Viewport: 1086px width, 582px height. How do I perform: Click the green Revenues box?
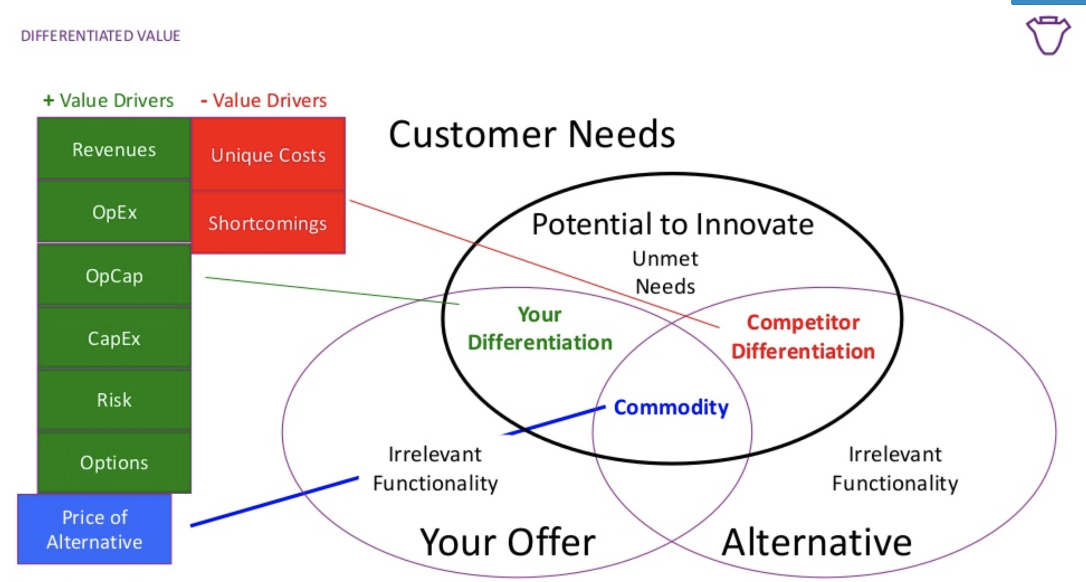[x=114, y=149]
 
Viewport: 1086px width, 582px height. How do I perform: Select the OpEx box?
[x=114, y=212]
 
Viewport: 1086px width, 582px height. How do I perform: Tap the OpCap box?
[x=114, y=276]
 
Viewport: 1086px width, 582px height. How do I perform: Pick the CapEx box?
[x=114, y=338]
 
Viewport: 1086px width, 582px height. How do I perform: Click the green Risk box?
[x=114, y=400]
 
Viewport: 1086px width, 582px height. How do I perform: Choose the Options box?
[x=114, y=462]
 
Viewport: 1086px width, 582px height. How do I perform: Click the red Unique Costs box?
[x=268, y=155]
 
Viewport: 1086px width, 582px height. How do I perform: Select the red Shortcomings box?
[x=268, y=223]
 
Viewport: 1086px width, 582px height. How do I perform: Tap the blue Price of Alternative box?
[x=94, y=529]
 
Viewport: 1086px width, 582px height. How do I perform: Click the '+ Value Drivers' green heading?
[x=109, y=100]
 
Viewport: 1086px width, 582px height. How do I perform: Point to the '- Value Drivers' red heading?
[x=264, y=100]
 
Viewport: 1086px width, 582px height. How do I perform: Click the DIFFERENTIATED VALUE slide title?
[x=100, y=36]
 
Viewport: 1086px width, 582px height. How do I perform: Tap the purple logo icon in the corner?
[x=1048, y=35]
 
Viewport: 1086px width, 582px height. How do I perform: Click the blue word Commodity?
[x=671, y=407]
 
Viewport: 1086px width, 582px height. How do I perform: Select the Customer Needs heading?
[x=531, y=134]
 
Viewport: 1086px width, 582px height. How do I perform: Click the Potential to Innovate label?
[x=672, y=224]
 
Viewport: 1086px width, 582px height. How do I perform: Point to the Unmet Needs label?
[x=665, y=273]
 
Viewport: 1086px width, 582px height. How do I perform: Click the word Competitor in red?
[x=803, y=323]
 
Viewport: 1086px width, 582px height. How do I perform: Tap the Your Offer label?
[x=507, y=542]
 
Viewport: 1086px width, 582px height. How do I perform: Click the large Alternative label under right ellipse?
[x=816, y=542]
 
